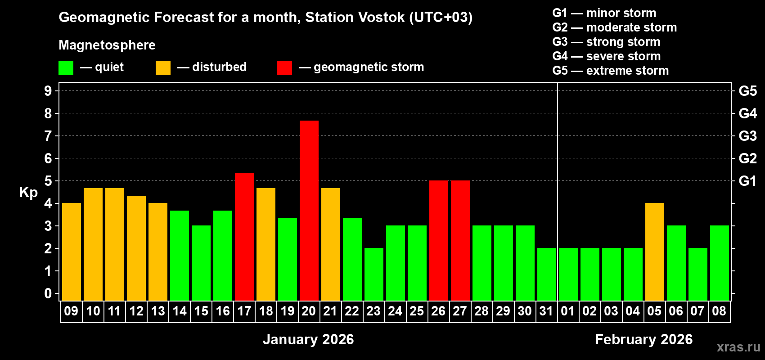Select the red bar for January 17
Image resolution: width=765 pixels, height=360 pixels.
tap(244, 237)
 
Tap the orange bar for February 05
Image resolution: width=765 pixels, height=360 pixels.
tap(655, 252)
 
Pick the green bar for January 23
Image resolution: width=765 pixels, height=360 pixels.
tap(374, 274)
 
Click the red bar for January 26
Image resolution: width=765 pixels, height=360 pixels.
tap(439, 241)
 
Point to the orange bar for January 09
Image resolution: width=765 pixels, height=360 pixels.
tap(72, 252)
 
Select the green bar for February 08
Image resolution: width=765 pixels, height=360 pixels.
tap(720, 263)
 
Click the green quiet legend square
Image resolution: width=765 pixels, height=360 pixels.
tap(66, 68)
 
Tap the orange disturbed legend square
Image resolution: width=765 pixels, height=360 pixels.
tap(163, 68)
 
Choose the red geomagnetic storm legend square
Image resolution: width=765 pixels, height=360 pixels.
tap(284, 68)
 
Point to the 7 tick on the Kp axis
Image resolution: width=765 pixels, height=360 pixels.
tap(48, 136)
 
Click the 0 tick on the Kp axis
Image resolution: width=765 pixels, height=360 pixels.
tap(48, 293)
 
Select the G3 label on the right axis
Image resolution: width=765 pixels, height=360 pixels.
tap(747, 136)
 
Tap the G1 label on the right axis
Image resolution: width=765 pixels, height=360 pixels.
tap(747, 181)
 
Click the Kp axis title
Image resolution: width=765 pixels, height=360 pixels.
tap(28, 192)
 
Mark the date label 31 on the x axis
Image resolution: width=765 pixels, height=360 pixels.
tap(546, 311)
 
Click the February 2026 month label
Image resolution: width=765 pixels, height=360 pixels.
tap(643, 339)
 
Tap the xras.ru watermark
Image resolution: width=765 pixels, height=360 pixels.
tap(738, 347)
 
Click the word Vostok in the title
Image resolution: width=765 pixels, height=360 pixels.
tap(377, 17)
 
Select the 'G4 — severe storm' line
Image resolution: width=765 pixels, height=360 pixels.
tap(607, 56)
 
